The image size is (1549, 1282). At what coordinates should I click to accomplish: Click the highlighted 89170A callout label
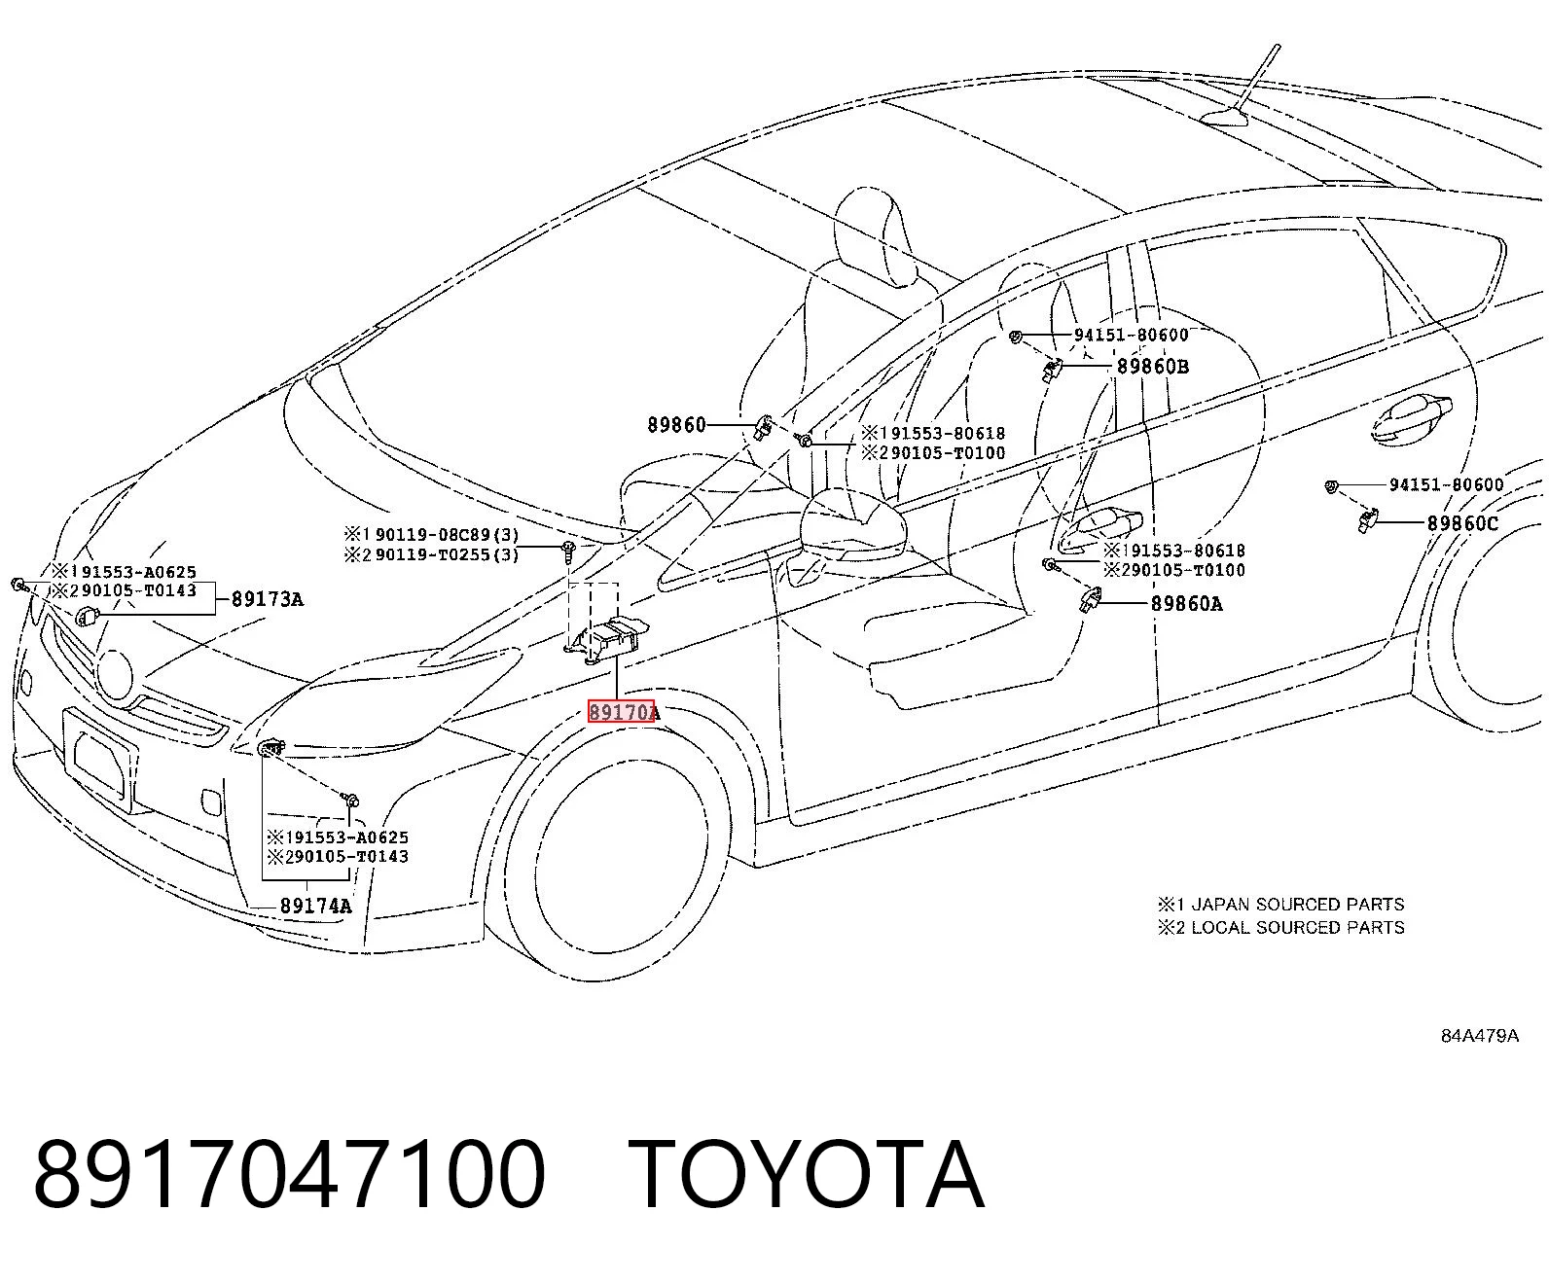pos(623,712)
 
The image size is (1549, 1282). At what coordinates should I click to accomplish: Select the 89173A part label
pos(267,599)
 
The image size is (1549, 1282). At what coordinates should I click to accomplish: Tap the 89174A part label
pos(315,906)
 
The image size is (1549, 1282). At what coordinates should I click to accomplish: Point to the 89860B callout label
pos(1153,367)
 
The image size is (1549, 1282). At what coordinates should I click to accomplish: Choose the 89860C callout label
pos(1463,523)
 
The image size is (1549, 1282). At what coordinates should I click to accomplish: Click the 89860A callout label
pos(1187,604)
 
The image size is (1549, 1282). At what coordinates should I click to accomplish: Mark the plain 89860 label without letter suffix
pos(676,425)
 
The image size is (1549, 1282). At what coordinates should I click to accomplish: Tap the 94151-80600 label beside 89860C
pos(1447,484)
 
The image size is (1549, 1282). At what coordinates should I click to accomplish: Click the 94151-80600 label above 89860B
pos(1132,335)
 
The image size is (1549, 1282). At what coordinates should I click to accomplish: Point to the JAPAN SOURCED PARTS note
pos(1298,905)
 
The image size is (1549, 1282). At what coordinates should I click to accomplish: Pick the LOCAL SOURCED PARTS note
pos(1298,927)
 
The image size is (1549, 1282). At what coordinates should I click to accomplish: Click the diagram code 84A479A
pos(1479,1036)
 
